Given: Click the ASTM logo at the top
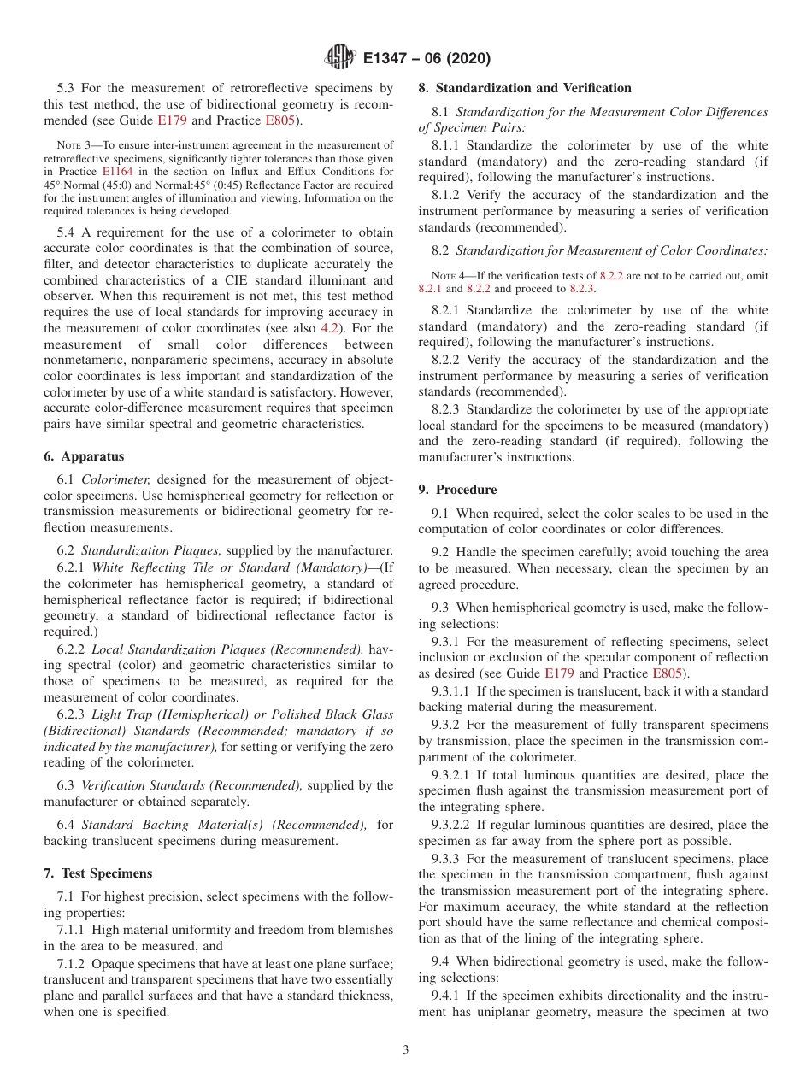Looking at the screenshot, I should pos(339,58).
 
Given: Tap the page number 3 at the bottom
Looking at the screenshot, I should pos(406,1050).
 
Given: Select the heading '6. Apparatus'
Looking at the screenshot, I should pos(84,457).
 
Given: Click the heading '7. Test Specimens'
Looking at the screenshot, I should pos(97,873).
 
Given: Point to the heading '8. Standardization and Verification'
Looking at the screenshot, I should pos(525,88).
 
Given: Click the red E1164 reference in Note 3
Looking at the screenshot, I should pos(117,171).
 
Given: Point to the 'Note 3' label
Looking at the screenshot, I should pos(74,145).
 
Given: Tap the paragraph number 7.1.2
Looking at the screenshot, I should pos(76,964).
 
